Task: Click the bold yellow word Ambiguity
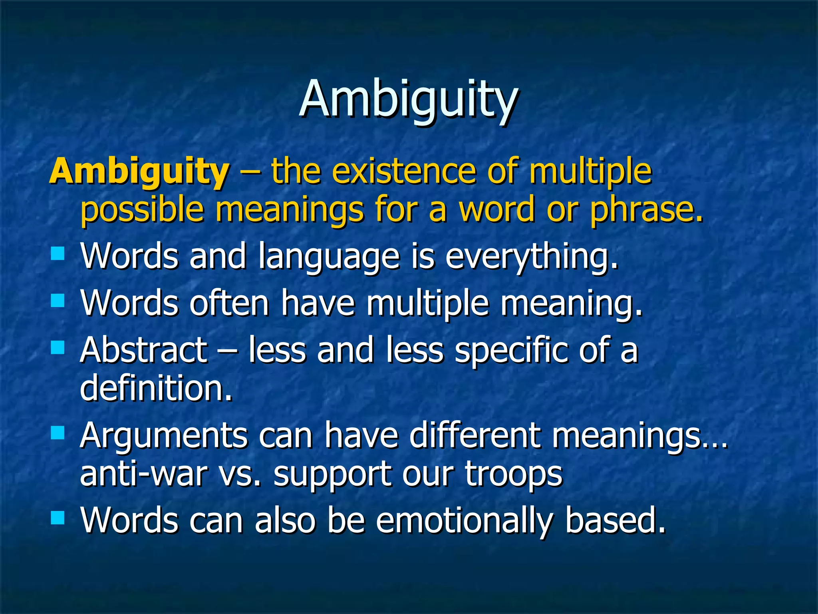[x=139, y=172]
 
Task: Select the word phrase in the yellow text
[x=645, y=210]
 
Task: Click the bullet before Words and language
[x=58, y=253]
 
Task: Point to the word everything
[x=531, y=257]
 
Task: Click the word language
[x=329, y=257]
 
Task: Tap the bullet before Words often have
[x=58, y=300]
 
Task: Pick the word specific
[x=511, y=350]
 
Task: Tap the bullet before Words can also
[x=58, y=518]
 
